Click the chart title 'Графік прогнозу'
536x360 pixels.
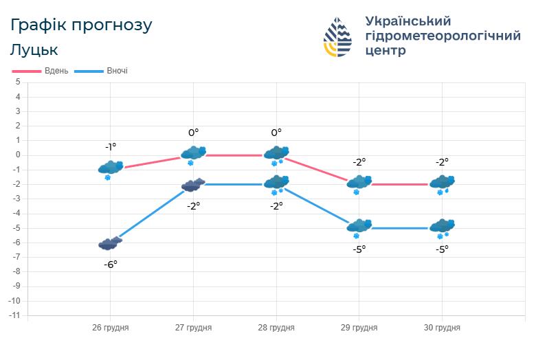click(x=81, y=25)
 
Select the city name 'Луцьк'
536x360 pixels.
click(x=34, y=50)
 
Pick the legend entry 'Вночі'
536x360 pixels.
click(x=117, y=71)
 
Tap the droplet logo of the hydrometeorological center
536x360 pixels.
click(x=337, y=37)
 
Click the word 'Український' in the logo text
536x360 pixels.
click(x=408, y=21)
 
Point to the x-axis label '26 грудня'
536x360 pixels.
click(x=111, y=328)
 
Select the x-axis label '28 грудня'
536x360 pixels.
click(x=276, y=328)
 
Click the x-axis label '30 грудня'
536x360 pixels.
click(x=441, y=328)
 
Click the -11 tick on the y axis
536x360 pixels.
click(x=14, y=315)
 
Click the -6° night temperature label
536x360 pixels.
click(x=111, y=264)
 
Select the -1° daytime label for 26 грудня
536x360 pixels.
click(x=111, y=147)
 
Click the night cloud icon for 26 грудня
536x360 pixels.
click(x=111, y=243)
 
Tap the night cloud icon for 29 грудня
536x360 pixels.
click(x=359, y=226)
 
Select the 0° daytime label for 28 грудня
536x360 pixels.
click(x=276, y=133)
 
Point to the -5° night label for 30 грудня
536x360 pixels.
click(x=441, y=249)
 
